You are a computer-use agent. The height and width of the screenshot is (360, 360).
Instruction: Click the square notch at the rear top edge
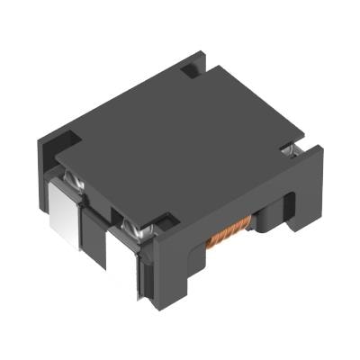click(x=190, y=66)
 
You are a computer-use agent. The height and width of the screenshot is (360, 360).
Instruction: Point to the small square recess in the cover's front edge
click(x=165, y=219)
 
